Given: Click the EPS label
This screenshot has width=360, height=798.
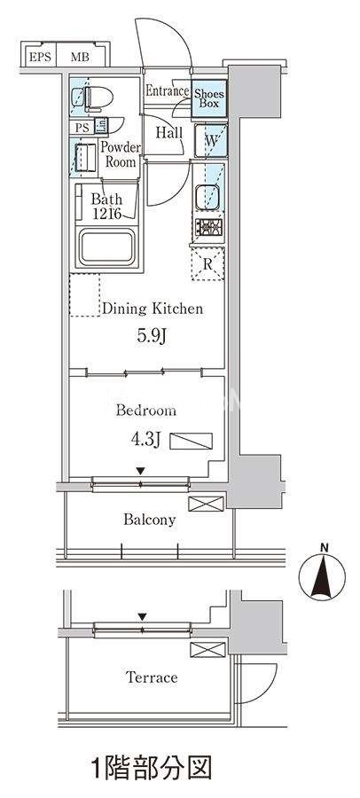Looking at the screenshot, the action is pos(40,57).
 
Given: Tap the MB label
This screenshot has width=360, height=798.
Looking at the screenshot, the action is pos(80,57).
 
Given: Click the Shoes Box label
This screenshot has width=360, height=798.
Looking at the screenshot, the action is pos(208,98).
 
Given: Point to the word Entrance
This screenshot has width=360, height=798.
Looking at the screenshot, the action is pos(167,91).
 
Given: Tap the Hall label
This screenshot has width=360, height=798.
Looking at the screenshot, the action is pos(169,133).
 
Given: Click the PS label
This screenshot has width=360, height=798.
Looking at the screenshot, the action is pos(82,128).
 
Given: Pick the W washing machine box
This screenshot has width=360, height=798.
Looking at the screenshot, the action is pos(210,140).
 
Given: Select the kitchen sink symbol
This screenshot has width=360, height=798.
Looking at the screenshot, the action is pos(207,198).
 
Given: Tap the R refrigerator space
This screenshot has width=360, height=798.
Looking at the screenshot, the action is pos(207,263).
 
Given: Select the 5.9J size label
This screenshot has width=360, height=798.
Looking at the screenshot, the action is pos(152,336).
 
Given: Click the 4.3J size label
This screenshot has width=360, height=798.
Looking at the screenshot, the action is pos(145,440).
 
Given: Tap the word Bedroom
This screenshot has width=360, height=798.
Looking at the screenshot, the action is pos(145,411).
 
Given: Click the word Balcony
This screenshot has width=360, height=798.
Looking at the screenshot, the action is pos(149,520).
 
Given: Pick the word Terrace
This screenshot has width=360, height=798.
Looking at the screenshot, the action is pos(152,677).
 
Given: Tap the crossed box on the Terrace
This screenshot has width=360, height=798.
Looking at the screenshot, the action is pos(207,650).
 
